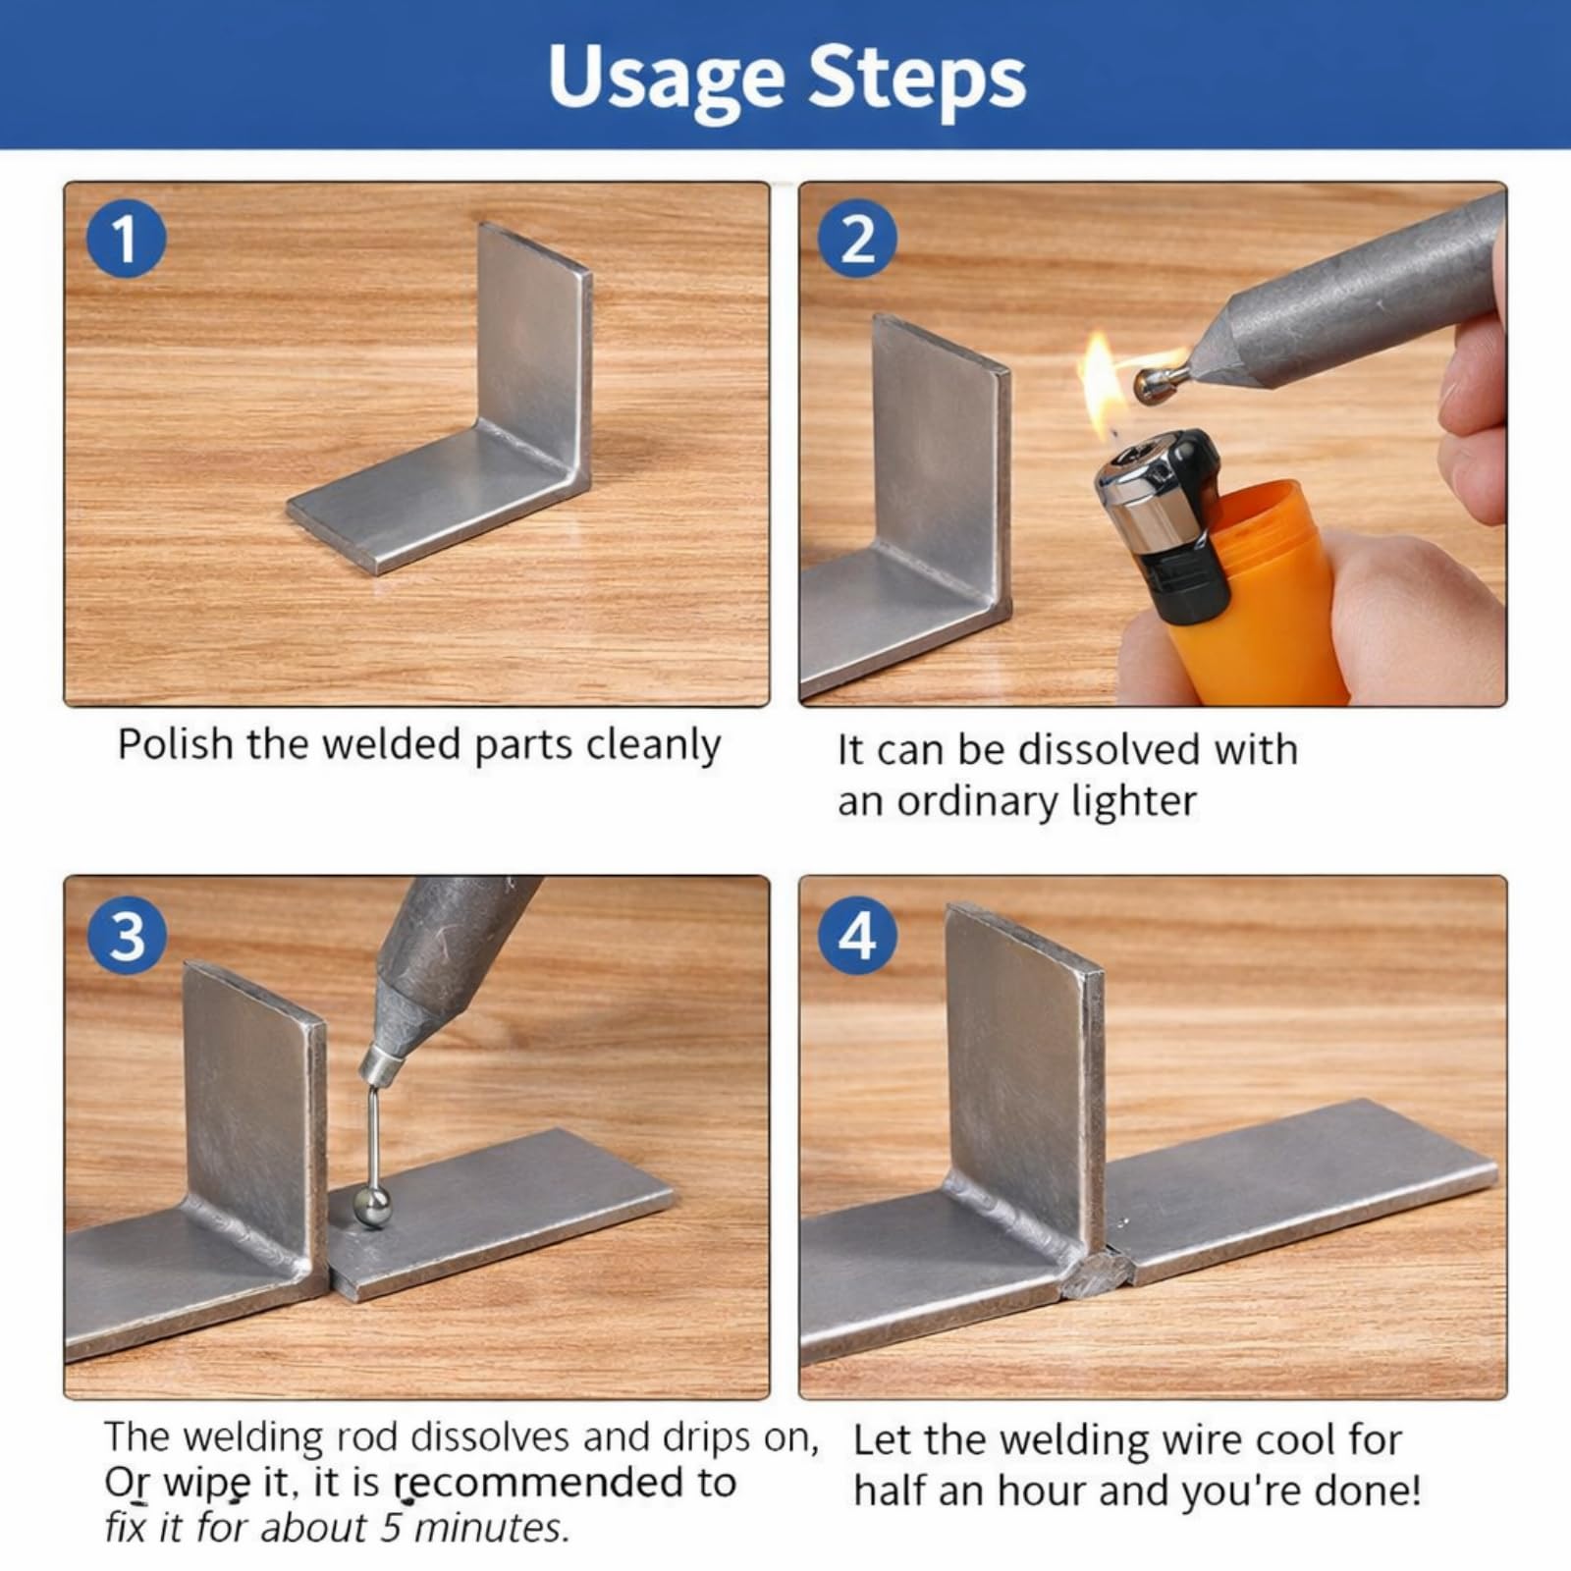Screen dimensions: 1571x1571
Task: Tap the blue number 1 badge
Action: pyautogui.click(x=126, y=239)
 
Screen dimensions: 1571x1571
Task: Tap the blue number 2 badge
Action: pyautogui.click(x=858, y=239)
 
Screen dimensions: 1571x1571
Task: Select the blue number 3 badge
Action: pyautogui.click(x=126, y=936)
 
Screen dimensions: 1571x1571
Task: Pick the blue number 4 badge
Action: pyautogui.click(x=858, y=936)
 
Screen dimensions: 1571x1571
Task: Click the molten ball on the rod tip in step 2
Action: pyautogui.click(x=1151, y=385)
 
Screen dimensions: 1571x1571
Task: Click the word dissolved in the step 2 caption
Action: pyautogui.click(x=1109, y=749)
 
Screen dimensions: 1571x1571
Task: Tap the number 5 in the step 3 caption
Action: pyautogui.click(x=392, y=1528)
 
